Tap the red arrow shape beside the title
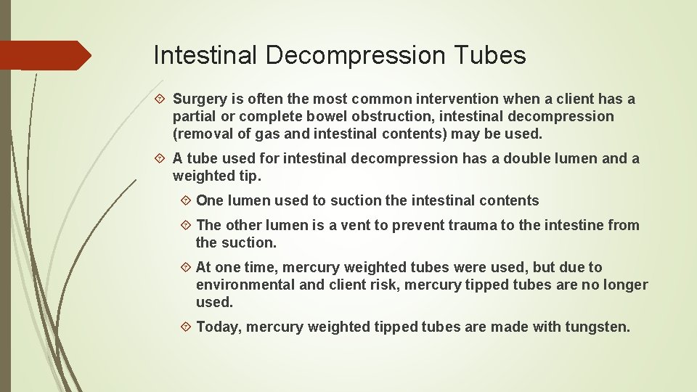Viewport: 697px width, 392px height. tap(45, 55)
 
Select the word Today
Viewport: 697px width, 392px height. tap(219, 327)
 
